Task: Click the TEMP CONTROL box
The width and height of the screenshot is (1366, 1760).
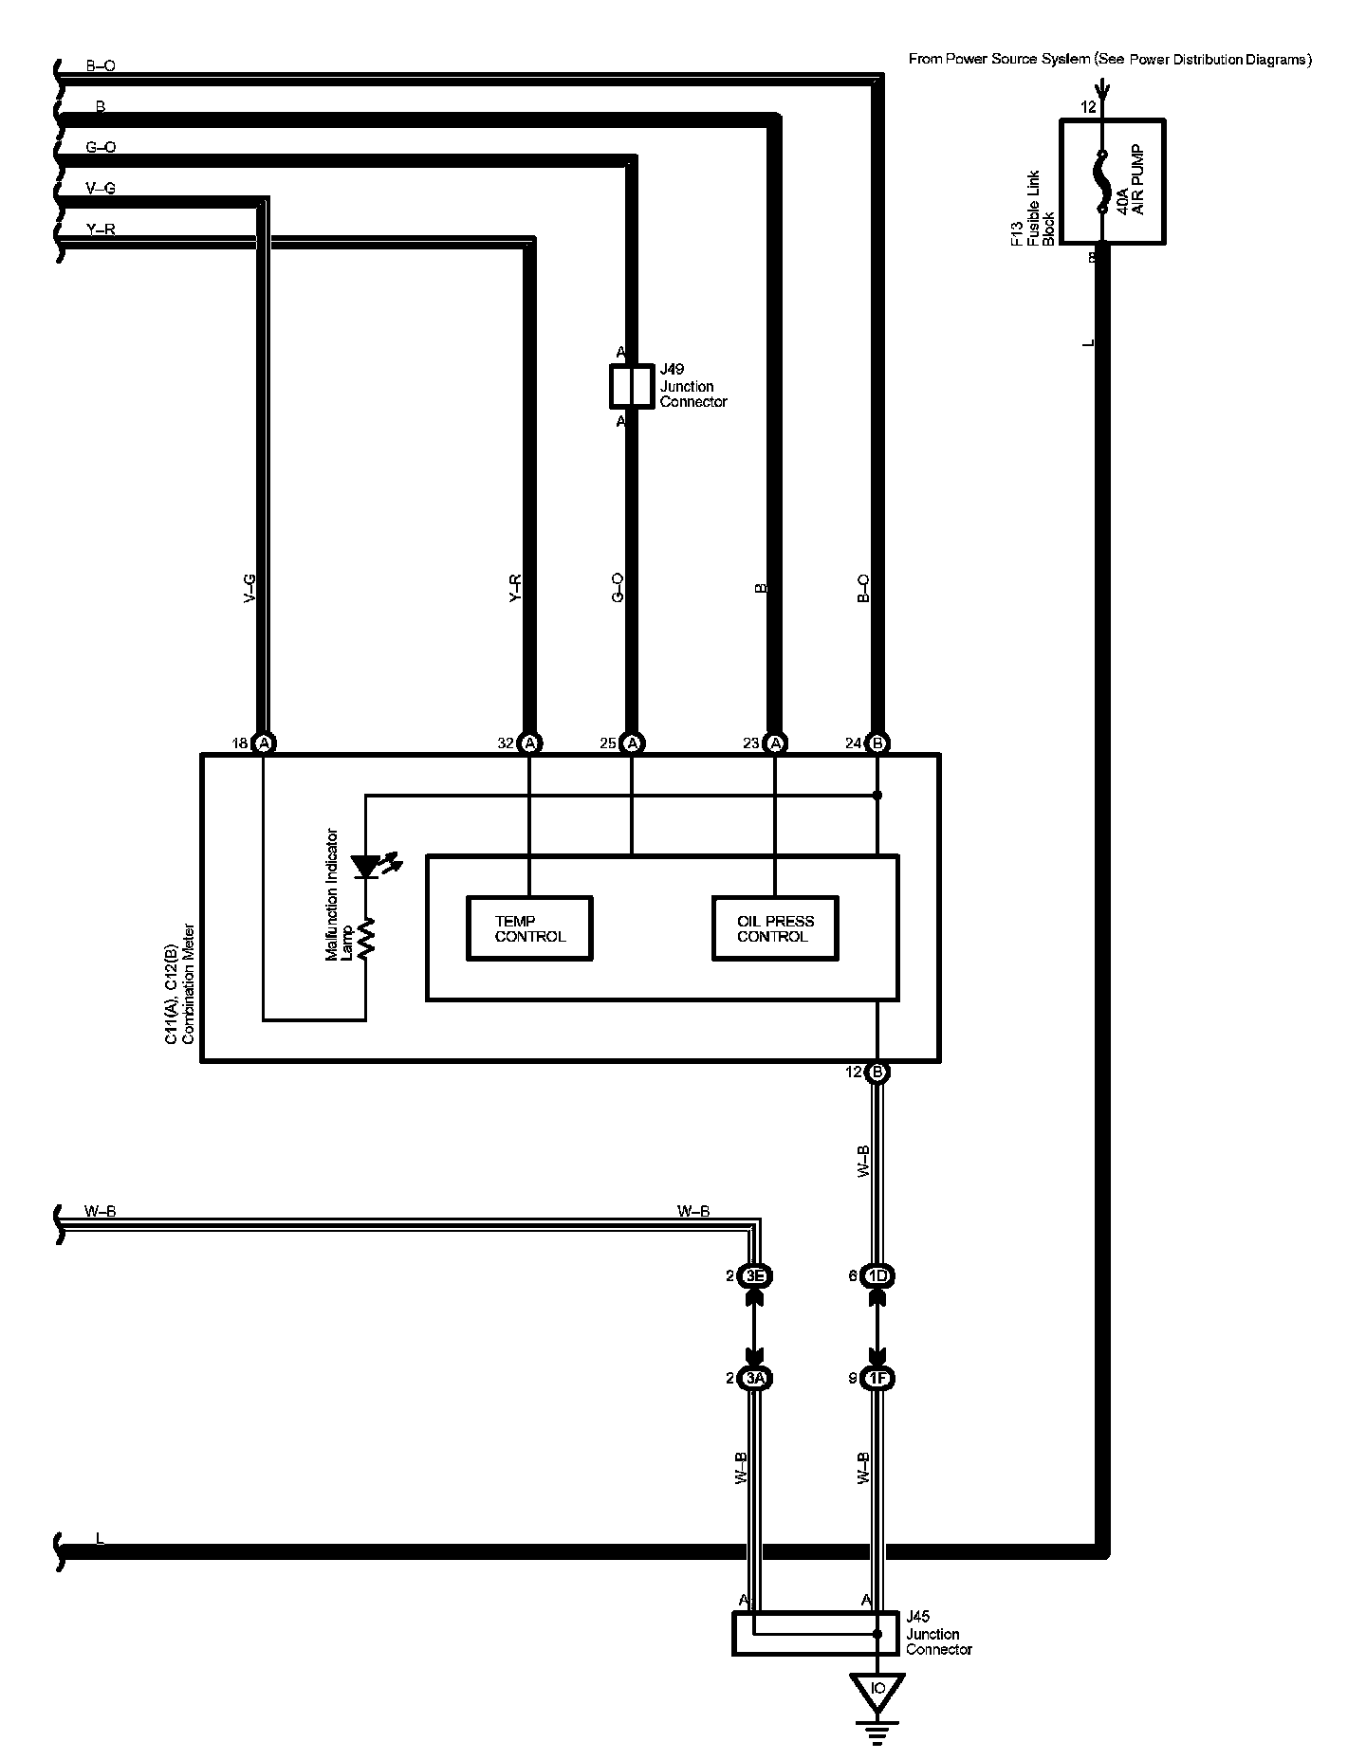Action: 529,928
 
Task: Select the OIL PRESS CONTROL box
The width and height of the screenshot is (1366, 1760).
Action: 775,928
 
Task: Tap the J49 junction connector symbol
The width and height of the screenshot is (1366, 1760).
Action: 631,386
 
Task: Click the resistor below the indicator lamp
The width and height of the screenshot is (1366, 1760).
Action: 366,936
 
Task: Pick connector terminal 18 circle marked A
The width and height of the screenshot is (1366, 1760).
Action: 265,743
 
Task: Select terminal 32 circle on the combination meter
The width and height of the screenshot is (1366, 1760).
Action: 531,743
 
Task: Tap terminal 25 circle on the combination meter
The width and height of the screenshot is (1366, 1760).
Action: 634,743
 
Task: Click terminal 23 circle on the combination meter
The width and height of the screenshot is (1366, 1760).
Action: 776,743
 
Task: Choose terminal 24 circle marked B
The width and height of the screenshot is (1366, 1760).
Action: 877,743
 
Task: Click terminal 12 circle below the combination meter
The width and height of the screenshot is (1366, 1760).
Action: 877,1072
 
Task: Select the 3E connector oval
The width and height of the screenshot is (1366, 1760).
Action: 754,1276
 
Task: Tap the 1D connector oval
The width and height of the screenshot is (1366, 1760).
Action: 877,1276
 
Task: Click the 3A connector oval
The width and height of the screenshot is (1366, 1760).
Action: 754,1379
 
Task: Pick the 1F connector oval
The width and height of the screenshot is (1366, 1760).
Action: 877,1379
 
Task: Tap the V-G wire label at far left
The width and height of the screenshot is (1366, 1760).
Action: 101,189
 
